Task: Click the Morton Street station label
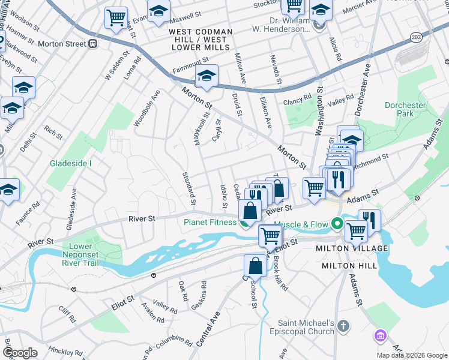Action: point(62,44)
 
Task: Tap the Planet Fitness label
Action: point(211,221)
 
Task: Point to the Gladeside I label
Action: point(71,163)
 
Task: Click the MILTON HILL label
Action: point(349,265)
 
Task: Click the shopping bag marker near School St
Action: point(255,266)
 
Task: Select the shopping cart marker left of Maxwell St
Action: point(116,18)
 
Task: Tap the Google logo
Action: point(20,353)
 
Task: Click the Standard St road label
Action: point(189,188)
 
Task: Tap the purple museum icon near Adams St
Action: point(379,335)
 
